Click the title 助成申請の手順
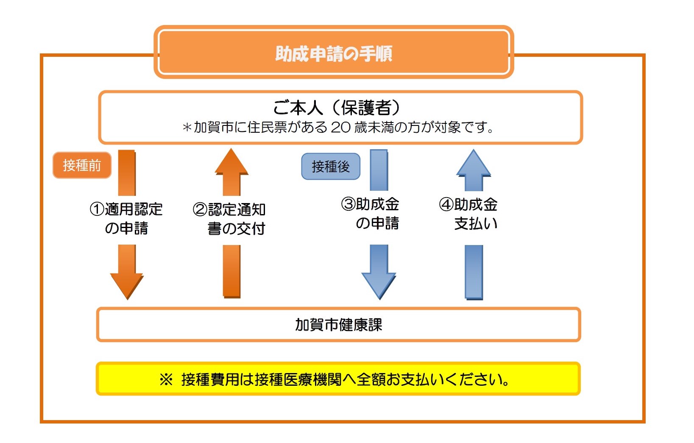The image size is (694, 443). click(334, 54)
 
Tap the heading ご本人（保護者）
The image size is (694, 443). click(337, 108)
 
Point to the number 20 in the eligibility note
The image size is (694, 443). click(340, 127)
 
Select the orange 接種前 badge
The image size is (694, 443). click(82, 165)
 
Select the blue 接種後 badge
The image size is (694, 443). click(331, 166)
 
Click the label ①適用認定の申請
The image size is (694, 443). click(126, 218)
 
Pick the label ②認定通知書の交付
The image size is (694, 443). click(229, 219)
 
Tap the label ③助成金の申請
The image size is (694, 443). click(370, 214)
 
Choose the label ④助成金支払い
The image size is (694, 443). click(468, 214)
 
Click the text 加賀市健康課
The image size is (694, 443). click(339, 325)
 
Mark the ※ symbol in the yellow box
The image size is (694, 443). click(166, 379)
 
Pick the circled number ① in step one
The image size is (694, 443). click(97, 209)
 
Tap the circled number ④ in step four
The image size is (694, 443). click(446, 204)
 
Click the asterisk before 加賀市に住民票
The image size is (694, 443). click(187, 127)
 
